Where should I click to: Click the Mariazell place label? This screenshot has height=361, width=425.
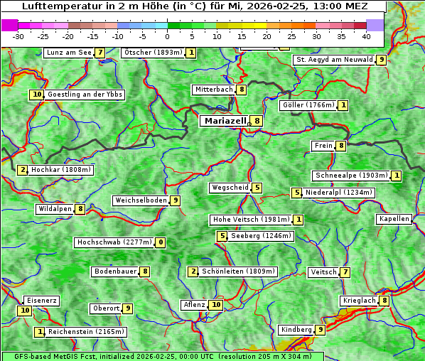coord(225,121)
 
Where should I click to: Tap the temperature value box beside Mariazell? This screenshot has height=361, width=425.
coord(257,121)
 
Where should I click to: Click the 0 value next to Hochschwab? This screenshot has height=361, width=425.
coord(161,242)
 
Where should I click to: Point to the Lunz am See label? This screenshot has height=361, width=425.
coord(68,53)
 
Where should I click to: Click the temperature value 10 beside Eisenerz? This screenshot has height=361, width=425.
coord(25,310)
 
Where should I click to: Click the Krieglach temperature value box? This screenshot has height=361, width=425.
coord(384,301)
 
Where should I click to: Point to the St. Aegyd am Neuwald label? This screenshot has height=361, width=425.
coord(334,60)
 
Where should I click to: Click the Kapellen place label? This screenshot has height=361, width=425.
coord(394,219)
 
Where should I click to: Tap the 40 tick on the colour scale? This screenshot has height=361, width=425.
coord(366,36)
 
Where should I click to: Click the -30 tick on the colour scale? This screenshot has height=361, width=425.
coord(18,36)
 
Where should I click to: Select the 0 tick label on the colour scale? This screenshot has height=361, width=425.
coord(167,36)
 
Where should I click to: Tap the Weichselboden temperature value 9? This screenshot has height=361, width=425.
coord(175,200)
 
